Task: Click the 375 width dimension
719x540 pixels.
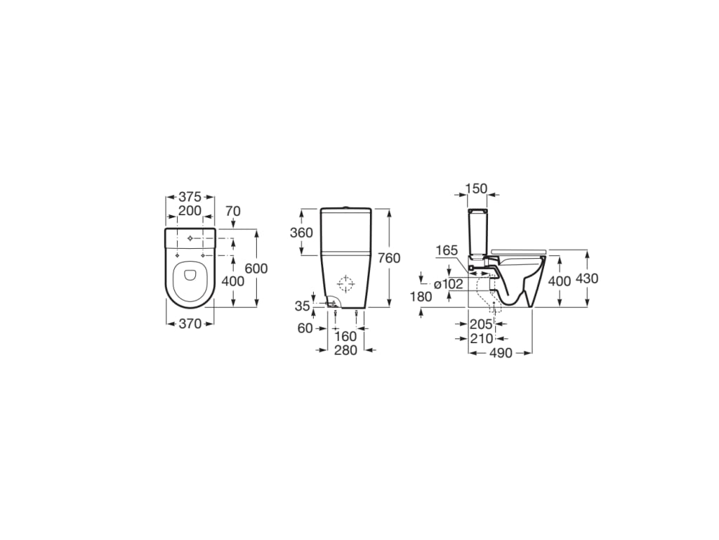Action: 190,197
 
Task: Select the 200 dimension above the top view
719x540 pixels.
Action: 190,211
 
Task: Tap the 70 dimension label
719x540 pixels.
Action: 233,211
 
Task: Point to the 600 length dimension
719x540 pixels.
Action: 256,268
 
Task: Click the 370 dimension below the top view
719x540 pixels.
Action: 190,324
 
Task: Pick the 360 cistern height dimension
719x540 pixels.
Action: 301,232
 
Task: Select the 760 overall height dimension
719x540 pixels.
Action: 389,258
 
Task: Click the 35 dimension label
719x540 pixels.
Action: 302,306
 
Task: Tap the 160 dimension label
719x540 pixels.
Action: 345,337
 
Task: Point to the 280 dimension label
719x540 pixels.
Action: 345,350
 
